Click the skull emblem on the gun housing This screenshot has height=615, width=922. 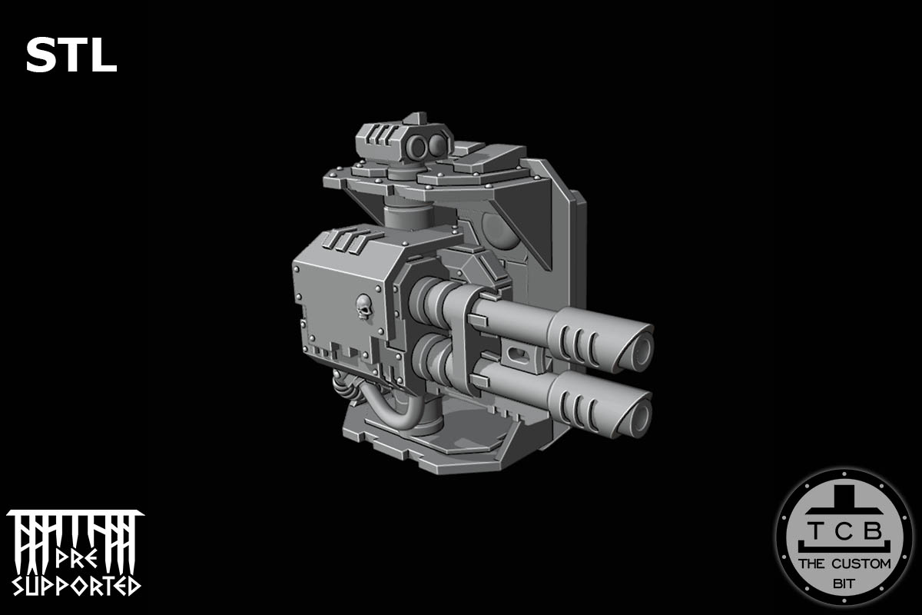coord(364,309)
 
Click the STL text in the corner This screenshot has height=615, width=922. coord(71,56)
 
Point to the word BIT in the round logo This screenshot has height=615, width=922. coord(843,585)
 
